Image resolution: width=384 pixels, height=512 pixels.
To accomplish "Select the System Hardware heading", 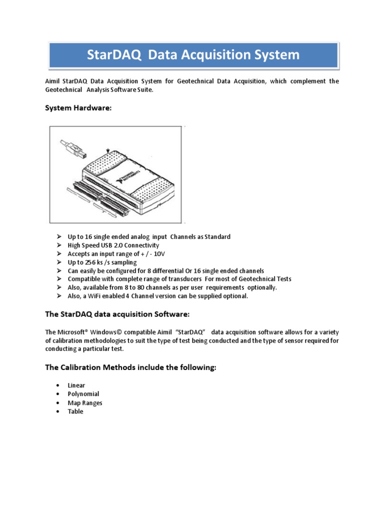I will click(x=71, y=107).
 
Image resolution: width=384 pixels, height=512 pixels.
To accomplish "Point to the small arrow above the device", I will click(x=108, y=150).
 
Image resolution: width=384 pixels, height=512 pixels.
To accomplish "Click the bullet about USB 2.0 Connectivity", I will click(x=113, y=245).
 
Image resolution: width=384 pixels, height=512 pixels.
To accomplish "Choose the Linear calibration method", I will click(x=76, y=385).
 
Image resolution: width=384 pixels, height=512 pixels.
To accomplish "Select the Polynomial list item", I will click(x=83, y=394).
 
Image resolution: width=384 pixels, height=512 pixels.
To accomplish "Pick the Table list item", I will click(x=75, y=411).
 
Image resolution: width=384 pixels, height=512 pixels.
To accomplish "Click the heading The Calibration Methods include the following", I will click(x=130, y=367).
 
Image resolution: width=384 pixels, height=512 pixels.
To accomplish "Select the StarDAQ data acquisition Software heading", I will click(x=117, y=314).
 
